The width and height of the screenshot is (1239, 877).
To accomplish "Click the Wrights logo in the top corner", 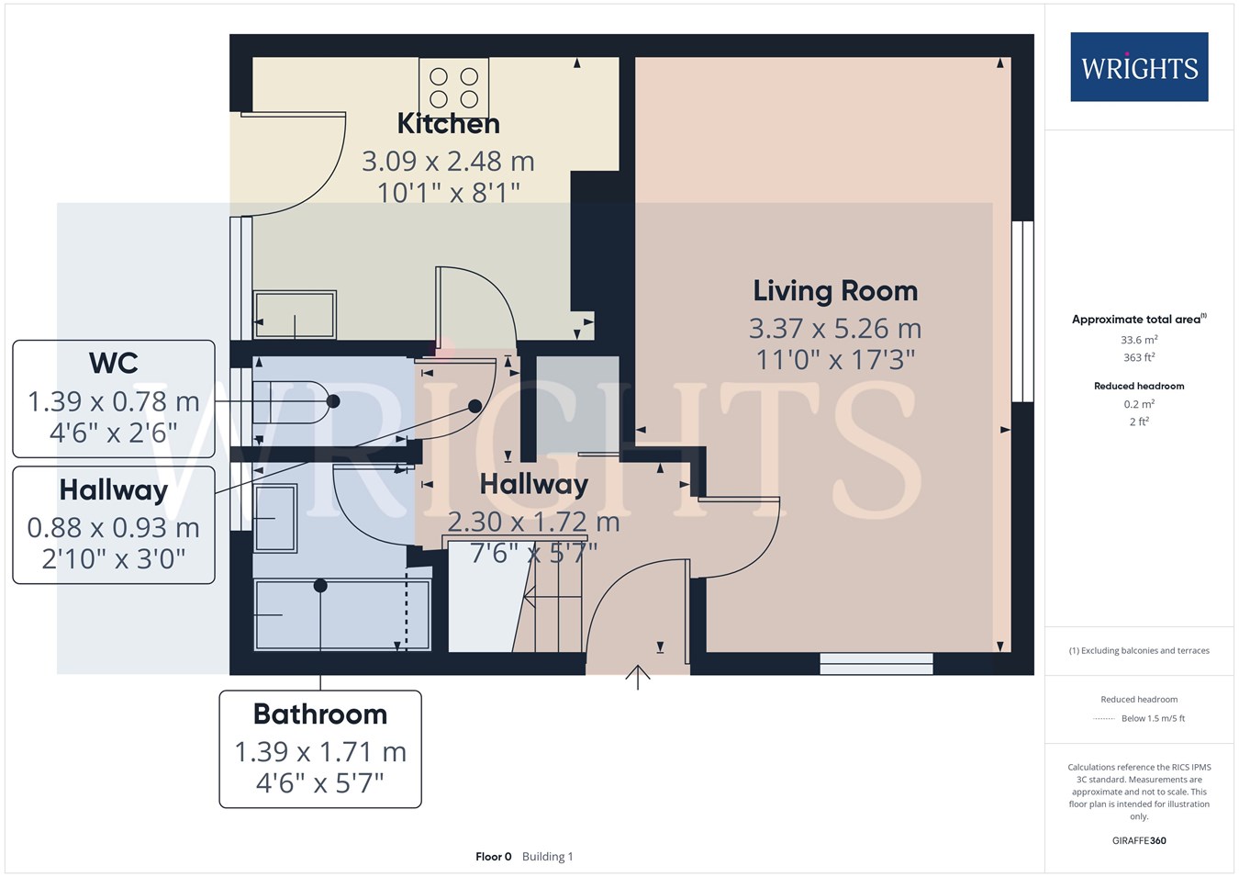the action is click(1139, 67).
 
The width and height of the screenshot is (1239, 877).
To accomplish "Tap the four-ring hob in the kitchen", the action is click(453, 87).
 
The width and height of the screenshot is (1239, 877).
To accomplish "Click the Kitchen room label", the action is click(449, 123).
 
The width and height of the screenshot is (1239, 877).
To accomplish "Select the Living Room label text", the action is click(835, 292).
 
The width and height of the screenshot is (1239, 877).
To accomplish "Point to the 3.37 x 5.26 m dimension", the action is click(835, 329).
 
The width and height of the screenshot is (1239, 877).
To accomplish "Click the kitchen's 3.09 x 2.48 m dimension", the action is click(449, 161).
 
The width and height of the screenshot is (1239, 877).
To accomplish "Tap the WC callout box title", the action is click(114, 363).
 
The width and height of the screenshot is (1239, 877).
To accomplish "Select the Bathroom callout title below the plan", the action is click(320, 714).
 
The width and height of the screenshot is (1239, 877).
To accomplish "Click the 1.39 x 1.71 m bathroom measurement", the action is click(320, 751).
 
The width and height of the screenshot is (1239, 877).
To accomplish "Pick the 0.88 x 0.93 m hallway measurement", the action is click(114, 527).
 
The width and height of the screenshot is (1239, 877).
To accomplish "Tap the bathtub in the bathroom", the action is click(341, 614).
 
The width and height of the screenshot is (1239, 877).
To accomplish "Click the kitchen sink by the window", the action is click(295, 314).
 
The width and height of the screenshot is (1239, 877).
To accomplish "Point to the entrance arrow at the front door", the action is click(638, 677).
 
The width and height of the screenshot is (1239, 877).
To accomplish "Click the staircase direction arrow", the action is click(552, 597).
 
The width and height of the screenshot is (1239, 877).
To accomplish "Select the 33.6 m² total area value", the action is click(1139, 339).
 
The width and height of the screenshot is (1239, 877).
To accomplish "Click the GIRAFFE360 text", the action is click(1139, 840).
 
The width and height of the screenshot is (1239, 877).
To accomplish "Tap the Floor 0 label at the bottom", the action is click(494, 857).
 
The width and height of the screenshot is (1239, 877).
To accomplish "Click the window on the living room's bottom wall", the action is click(876, 663).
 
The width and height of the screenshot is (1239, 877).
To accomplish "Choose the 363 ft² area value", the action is click(1139, 357).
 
